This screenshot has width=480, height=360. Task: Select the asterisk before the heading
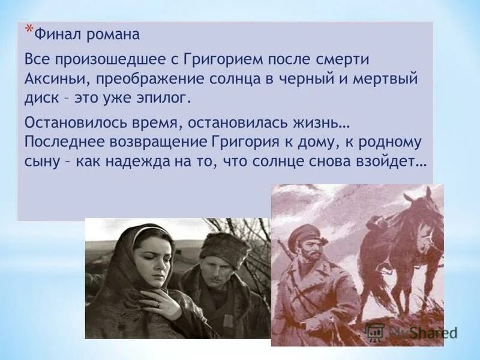[28, 29]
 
